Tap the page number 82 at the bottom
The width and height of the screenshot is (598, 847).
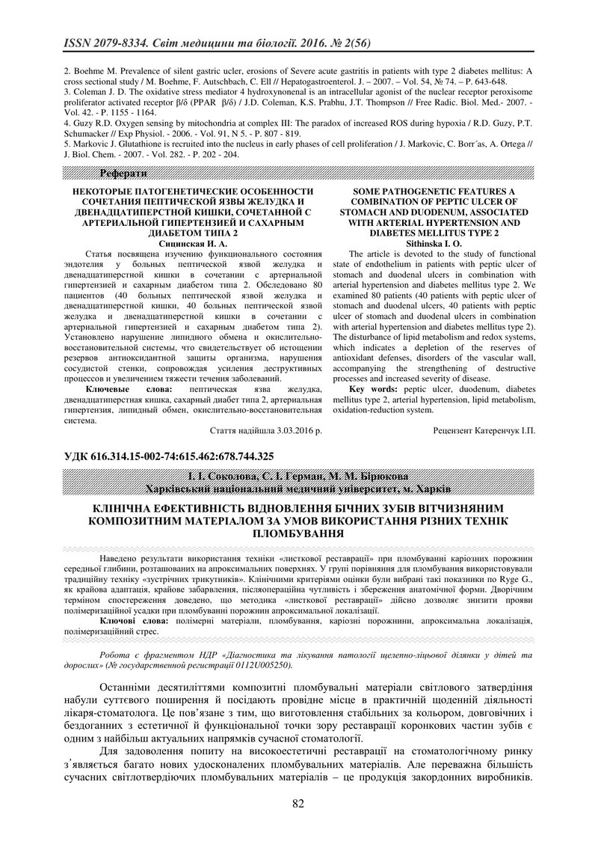(299, 804)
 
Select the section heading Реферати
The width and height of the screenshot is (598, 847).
(124, 174)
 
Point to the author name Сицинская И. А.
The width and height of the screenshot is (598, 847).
(193, 243)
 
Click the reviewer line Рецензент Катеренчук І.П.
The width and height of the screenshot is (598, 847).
(484, 431)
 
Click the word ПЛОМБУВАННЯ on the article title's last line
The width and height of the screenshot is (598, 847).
(298, 534)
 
